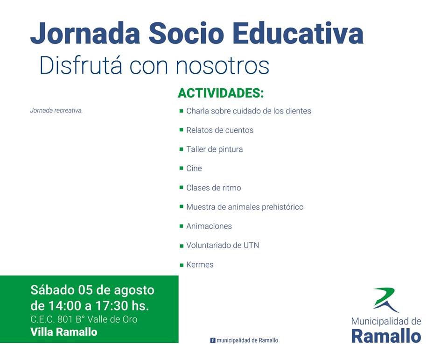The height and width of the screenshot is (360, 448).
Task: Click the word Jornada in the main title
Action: click(85, 34)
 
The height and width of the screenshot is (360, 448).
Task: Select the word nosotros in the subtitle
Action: click(222, 66)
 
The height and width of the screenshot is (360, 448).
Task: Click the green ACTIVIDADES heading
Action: click(221, 93)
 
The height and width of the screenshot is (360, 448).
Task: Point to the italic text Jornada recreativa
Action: click(56, 110)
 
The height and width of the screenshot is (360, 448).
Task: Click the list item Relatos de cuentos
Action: click(220, 130)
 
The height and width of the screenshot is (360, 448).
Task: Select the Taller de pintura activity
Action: click(214, 149)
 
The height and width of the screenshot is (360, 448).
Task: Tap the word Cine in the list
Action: click(194, 169)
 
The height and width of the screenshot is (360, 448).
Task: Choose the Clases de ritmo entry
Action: click(213, 188)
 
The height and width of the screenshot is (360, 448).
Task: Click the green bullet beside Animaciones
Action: click(181, 226)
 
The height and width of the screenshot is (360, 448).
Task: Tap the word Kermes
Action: click(200, 264)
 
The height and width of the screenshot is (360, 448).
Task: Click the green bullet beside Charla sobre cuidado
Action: click(181, 111)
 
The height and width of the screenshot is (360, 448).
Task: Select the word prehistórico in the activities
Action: click(283, 207)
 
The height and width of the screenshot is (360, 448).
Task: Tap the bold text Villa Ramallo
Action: click(64, 332)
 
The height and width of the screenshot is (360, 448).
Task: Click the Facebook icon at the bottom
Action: click(213, 340)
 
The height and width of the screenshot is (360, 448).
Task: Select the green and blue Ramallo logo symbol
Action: click(386, 300)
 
